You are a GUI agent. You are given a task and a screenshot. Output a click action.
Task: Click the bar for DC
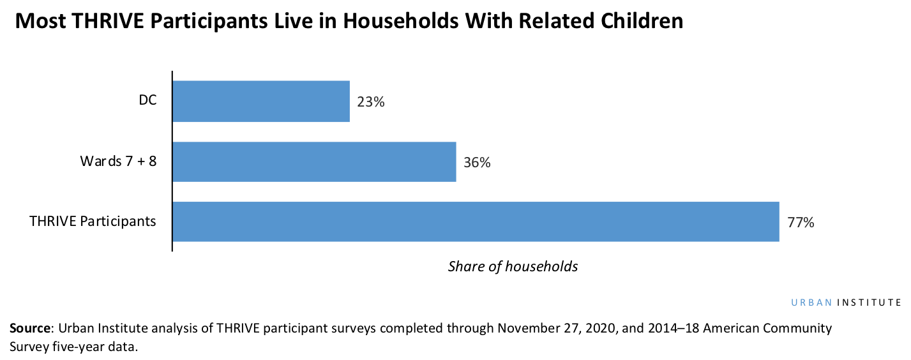pos(261,101)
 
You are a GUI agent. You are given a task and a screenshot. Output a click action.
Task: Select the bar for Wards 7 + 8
pos(314,161)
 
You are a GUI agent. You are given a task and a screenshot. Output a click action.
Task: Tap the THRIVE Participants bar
pos(476,221)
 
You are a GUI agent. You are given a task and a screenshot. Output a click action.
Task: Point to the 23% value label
pos(371,101)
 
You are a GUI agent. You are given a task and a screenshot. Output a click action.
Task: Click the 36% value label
pos(477,162)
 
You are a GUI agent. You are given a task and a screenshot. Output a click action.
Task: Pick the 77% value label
pos(801,223)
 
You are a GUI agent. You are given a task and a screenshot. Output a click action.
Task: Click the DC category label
pos(147,101)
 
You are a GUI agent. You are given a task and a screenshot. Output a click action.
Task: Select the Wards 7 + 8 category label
pos(118,161)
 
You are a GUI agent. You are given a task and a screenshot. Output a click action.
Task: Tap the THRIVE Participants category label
pos(93,221)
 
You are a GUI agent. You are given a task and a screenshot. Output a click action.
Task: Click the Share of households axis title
pos(513,266)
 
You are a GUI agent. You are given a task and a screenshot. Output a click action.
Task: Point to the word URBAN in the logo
pos(810,303)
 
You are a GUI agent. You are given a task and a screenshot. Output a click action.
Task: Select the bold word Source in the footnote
pos(30,329)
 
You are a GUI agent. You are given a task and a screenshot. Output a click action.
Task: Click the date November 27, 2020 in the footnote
pos(546,329)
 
